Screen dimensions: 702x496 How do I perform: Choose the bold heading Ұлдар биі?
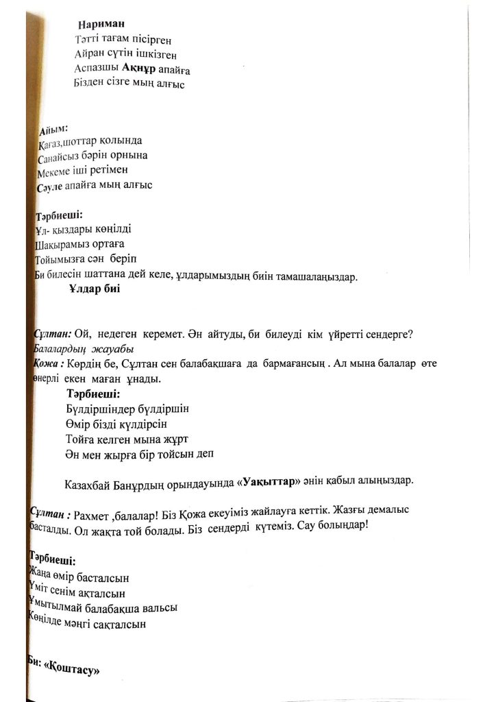(95, 289)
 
